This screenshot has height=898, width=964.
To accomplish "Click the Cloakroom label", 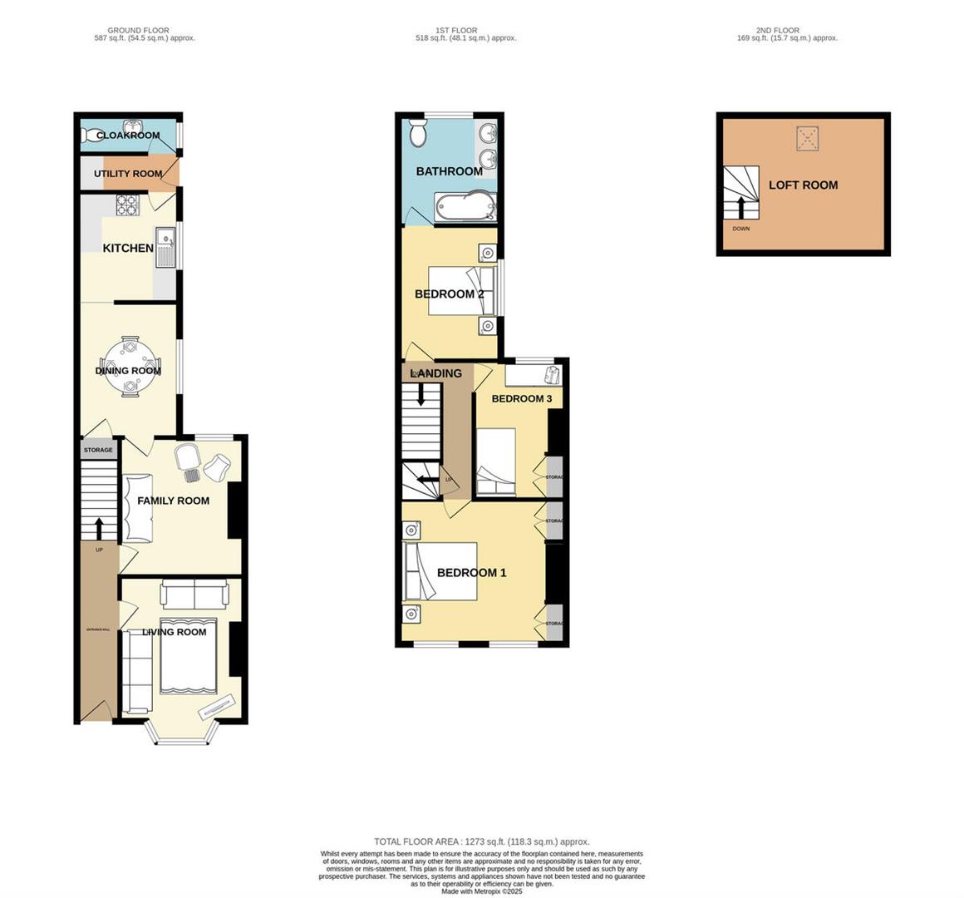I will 128,136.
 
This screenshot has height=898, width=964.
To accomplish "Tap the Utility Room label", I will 128,174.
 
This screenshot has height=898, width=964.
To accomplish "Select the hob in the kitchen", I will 127,205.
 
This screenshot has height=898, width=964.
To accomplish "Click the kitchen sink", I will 167,248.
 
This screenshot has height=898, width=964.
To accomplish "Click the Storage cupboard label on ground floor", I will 98,450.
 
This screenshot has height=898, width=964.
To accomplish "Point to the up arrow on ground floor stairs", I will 100,528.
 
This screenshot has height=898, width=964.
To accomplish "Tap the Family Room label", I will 173,501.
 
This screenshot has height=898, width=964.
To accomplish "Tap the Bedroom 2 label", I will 449,294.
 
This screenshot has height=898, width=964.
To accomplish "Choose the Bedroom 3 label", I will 521,399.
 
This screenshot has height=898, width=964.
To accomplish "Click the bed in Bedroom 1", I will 440,571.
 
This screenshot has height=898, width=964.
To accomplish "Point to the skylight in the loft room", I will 805,138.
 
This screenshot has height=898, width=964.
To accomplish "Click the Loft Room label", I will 803,185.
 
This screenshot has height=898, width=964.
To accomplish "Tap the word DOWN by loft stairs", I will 740,229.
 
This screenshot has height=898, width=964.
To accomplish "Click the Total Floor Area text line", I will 481,841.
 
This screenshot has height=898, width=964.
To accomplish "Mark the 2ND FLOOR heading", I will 778,31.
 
